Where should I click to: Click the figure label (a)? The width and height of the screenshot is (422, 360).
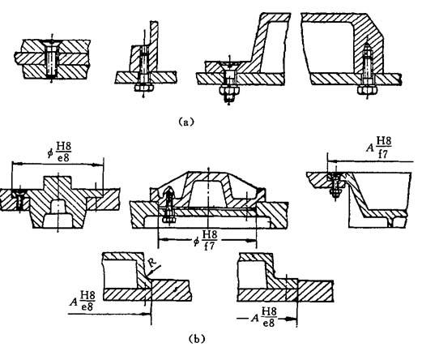186,122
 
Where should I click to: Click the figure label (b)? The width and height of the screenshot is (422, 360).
197,339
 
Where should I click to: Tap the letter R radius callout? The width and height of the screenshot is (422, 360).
153,263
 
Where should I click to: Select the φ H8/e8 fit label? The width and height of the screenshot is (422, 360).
59,152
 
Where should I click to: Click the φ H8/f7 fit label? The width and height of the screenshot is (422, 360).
205,240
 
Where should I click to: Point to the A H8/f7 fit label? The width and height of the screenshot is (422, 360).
378,148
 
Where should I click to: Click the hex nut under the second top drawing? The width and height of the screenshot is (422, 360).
144,88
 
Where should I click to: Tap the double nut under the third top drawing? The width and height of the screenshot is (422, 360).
229,92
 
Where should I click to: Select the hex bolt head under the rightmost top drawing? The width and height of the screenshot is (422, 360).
367,90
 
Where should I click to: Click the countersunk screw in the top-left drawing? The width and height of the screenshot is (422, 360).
52,58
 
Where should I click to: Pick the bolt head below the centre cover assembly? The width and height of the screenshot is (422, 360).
169,219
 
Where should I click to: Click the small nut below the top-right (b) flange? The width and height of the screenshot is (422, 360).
335,192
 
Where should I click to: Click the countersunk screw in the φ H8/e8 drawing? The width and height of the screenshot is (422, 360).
19,199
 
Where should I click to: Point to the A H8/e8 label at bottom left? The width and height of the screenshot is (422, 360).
83,301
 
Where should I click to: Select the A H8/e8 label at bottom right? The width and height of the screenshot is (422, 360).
264,317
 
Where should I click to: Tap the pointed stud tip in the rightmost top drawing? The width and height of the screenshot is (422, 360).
366,46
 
